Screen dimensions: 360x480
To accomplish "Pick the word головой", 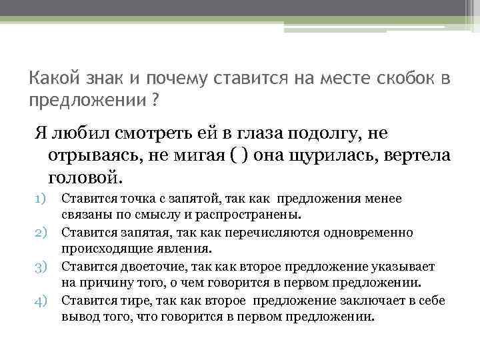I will [x=86, y=178].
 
